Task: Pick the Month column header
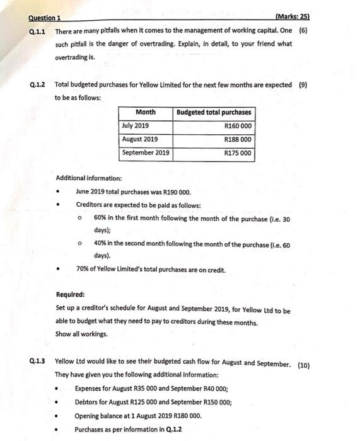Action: coord(146,112)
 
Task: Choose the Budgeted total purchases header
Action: coord(214,112)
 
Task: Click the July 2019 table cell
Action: coord(136,126)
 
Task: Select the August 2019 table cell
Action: coord(140,139)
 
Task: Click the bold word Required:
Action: coord(71,294)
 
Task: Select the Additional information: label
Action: coord(89,178)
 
